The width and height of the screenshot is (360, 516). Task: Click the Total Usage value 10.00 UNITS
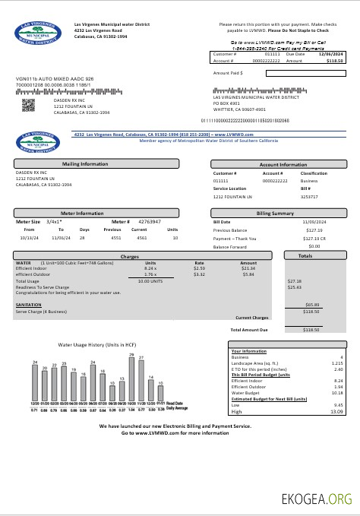[150, 281]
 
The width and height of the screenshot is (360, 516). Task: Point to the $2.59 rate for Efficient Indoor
[199, 268]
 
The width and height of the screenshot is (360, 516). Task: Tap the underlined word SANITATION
[28, 303]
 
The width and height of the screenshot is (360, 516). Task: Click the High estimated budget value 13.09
[336, 411]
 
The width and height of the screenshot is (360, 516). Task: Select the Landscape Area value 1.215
[336, 363]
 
